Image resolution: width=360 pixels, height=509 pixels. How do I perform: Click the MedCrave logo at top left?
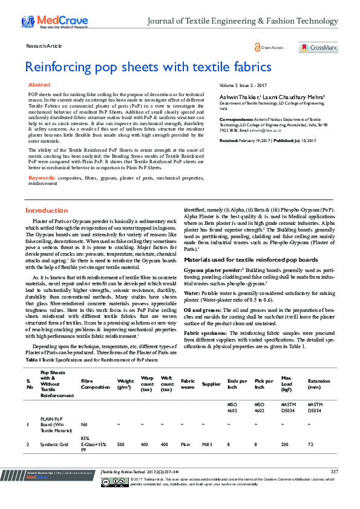pyautogui.click(x=52, y=22)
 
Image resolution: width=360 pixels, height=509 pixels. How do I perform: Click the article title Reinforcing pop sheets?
pyautogui.click(x=148, y=66)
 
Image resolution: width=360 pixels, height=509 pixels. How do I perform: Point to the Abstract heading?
pyautogui.click(x=40, y=85)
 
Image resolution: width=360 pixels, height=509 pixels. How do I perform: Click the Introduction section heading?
pyautogui.click(x=47, y=210)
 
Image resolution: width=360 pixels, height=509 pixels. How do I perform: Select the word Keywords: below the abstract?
pyautogui.click(x=42, y=178)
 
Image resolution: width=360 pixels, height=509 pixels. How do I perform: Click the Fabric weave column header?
pyautogui.click(x=188, y=381)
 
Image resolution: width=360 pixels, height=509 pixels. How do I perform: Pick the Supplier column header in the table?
pyautogui.click(x=211, y=384)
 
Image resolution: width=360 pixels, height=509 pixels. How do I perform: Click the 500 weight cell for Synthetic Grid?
pyautogui.click(x=121, y=444)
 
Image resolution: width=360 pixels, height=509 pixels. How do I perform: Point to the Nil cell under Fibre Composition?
pyautogui.click(x=85, y=424)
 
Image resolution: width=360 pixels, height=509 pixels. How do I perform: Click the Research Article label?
pyautogui.click(x=44, y=46)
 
